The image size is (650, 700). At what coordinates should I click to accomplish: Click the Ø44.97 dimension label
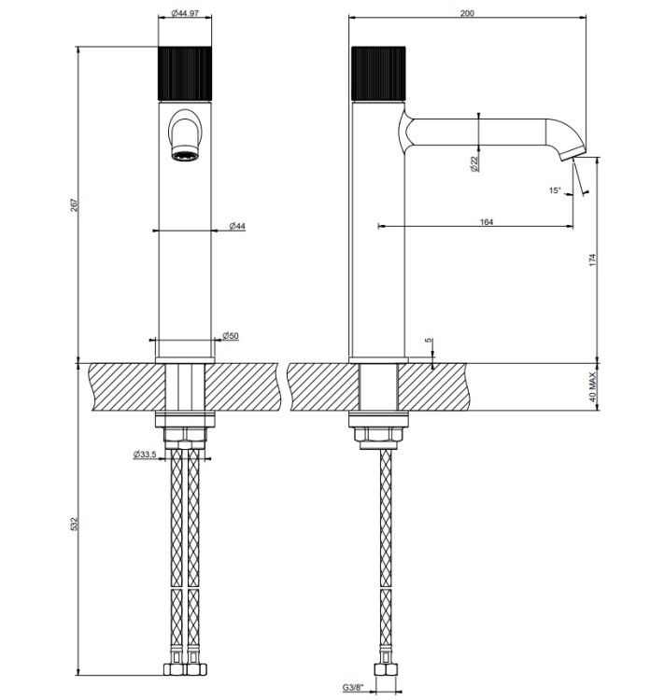click(x=185, y=13)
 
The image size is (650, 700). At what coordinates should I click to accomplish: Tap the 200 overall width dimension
click(x=467, y=13)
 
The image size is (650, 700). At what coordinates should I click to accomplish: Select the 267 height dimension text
click(x=75, y=205)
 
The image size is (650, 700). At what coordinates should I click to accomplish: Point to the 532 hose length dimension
click(x=75, y=524)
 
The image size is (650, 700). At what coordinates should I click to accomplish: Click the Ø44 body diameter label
click(x=237, y=227)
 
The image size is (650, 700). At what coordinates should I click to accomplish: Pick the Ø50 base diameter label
click(x=231, y=336)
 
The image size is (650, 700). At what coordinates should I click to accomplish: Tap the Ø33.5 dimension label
click(x=145, y=455)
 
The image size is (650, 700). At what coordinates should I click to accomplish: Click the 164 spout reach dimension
click(x=486, y=222)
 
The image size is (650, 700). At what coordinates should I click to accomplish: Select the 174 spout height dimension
click(x=592, y=260)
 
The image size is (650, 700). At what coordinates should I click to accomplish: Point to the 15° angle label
click(x=555, y=190)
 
